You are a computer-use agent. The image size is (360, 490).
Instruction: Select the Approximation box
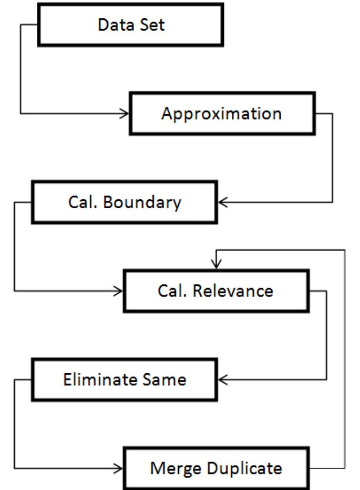221,114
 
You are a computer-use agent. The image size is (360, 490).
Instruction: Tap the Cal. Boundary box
124,202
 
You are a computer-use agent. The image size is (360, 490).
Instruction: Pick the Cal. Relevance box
215,291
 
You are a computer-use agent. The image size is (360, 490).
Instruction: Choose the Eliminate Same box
124,379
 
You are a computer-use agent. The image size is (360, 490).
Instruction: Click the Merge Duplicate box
215,467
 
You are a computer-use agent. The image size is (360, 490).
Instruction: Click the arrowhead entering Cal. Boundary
222,202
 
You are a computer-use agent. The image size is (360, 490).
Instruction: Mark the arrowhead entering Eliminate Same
222,379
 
